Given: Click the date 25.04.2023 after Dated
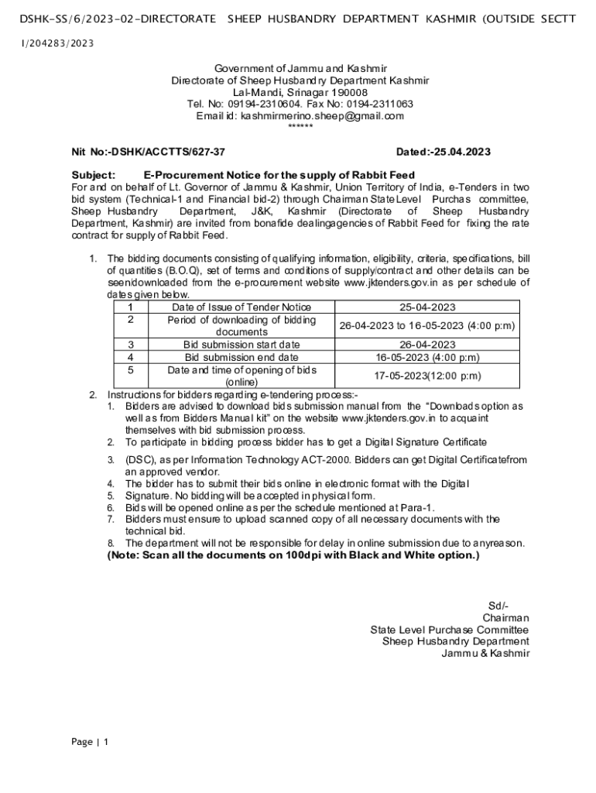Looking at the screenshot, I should [x=462, y=153].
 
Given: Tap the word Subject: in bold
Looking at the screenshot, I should [x=94, y=175].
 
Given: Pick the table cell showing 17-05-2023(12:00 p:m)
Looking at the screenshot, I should [x=427, y=376].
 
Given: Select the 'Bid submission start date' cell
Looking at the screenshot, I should [x=241, y=345].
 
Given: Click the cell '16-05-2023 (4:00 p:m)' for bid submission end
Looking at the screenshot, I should [x=427, y=357].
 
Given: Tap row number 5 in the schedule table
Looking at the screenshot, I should [x=131, y=370].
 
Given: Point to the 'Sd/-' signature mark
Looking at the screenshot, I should [x=498, y=605].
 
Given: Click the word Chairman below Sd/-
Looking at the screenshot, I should [x=505, y=617].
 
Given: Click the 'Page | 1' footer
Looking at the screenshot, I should [x=90, y=742].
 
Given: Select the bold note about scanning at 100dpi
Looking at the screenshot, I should [x=293, y=555].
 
